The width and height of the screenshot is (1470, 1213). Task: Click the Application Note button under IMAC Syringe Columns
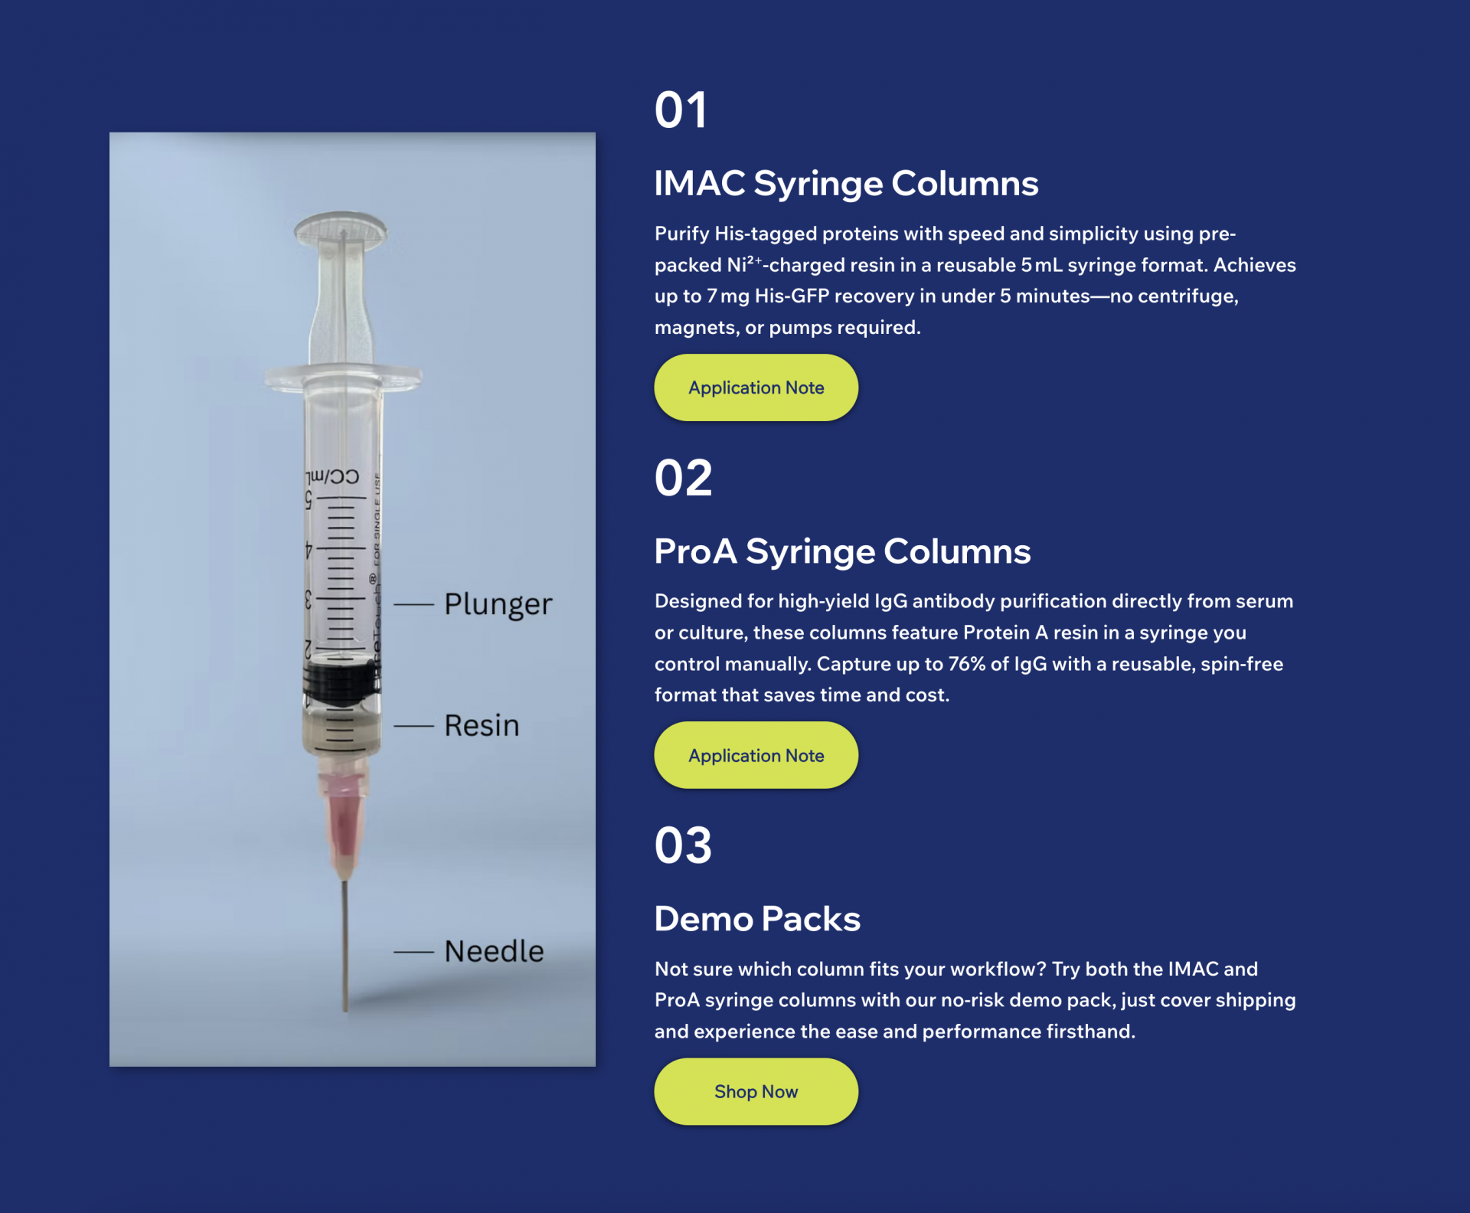(x=756, y=387)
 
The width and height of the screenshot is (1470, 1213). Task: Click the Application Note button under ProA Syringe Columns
(x=756, y=755)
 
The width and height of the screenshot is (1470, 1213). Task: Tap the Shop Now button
(x=756, y=1091)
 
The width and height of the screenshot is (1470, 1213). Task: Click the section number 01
(x=681, y=110)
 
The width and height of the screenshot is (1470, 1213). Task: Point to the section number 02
(x=683, y=478)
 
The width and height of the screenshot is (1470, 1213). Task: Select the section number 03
(x=683, y=845)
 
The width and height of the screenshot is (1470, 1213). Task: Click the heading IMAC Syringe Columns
(x=846, y=184)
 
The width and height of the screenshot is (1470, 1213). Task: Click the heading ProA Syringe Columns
(x=842, y=551)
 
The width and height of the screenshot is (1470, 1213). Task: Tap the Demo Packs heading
(x=757, y=919)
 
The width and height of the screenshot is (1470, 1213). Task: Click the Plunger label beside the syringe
(x=498, y=604)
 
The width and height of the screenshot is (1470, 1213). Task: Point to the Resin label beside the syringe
(x=482, y=725)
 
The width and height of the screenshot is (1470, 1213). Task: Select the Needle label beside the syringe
(x=494, y=951)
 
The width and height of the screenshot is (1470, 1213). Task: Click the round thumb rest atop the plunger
(x=341, y=227)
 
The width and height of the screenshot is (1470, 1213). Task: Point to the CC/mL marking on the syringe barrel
(x=332, y=476)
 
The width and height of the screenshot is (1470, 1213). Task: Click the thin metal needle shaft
(x=345, y=945)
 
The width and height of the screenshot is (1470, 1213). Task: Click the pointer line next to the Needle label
(x=413, y=952)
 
